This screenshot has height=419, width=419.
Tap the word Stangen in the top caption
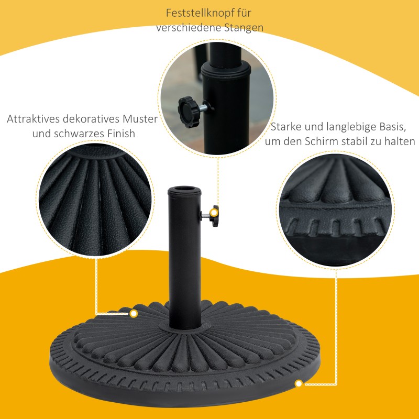[243, 28]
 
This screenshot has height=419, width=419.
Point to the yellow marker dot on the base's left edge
[134, 314]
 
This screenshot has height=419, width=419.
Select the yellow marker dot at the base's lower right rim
[299, 384]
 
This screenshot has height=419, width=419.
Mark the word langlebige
[351, 127]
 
